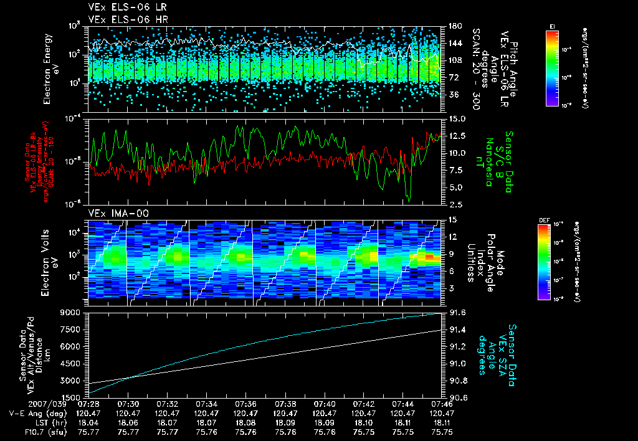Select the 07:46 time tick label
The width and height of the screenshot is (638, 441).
(441, 404)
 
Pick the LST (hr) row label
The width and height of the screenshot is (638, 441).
(52, 422)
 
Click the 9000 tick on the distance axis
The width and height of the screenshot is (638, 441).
(72, 313)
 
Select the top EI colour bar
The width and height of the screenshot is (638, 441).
(552, 65)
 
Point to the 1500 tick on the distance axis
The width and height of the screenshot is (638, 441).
(72, 397)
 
